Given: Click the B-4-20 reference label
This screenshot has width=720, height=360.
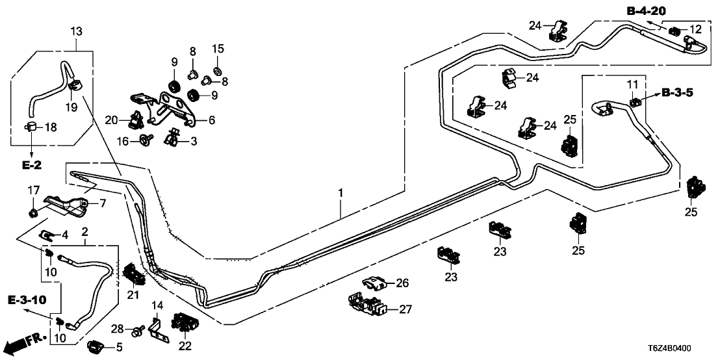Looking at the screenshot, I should coord(647,10).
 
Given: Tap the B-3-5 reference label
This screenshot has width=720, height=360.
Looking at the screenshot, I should coord(677,93).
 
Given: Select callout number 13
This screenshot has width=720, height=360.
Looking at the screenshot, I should coord(76,31).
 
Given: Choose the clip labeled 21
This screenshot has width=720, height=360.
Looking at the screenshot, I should coord(135,276).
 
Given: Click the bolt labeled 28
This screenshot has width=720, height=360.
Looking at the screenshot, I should coord(137,333).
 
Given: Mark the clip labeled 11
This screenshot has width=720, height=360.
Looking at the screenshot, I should coord(635,101).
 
